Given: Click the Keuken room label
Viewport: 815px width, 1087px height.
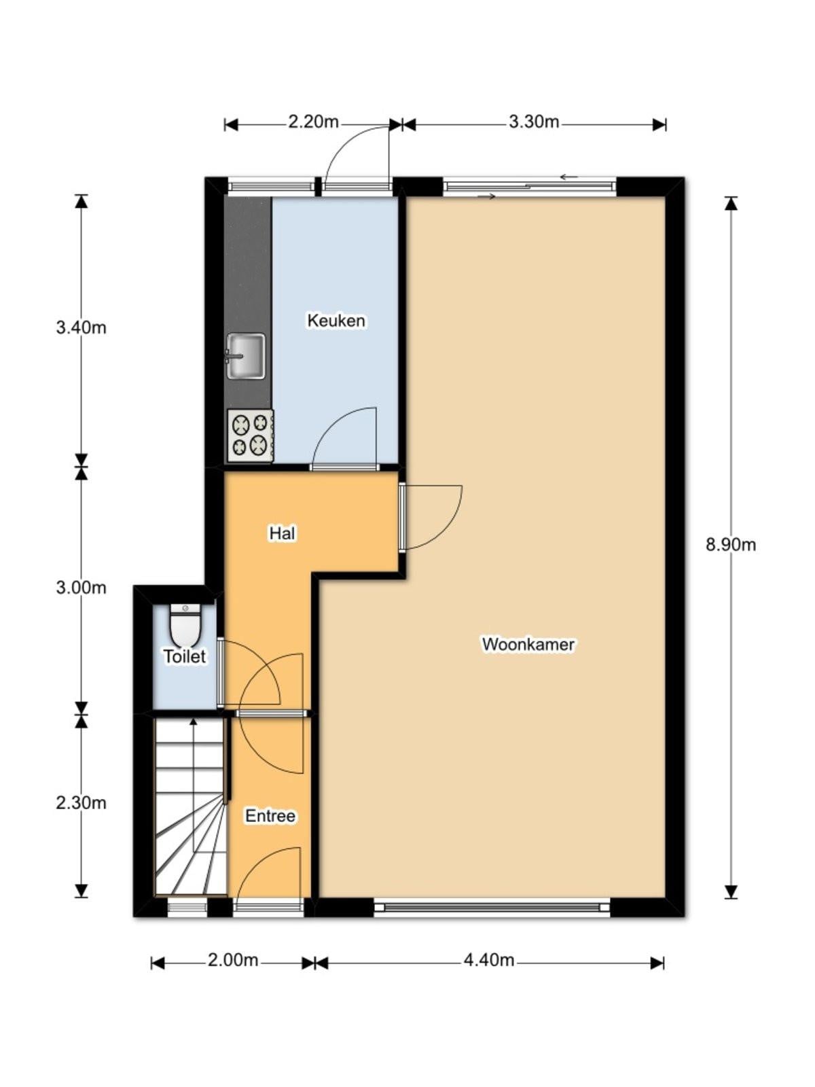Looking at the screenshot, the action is click(336, 321).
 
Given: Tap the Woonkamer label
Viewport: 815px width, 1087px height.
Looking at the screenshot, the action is click(528, 644).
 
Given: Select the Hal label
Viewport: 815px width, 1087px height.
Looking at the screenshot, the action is click(282, 533).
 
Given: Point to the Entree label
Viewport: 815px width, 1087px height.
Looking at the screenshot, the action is click(270, 816).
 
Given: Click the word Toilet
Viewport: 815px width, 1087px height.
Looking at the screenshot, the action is click(185, 656).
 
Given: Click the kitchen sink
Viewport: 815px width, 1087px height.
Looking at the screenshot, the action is click(246, 356).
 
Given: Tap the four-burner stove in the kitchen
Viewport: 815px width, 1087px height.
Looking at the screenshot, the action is click(251, 435).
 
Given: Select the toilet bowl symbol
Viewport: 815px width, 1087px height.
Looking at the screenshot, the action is click(185, 625).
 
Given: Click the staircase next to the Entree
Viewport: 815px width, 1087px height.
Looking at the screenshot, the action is click(191, 806).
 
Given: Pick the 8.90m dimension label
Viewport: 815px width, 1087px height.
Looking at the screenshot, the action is click(730, 545).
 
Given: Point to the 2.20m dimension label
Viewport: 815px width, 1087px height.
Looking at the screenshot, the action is click(313, 122).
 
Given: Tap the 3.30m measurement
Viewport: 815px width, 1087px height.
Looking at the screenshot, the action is click(534, 122).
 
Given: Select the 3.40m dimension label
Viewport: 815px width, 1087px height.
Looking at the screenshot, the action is click(81, 327).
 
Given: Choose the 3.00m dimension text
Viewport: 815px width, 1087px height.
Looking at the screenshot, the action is click(81, 588).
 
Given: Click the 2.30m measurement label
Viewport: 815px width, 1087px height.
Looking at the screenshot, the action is click(81, 802).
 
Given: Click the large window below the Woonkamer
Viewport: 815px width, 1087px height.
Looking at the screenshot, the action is click(492, 907).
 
